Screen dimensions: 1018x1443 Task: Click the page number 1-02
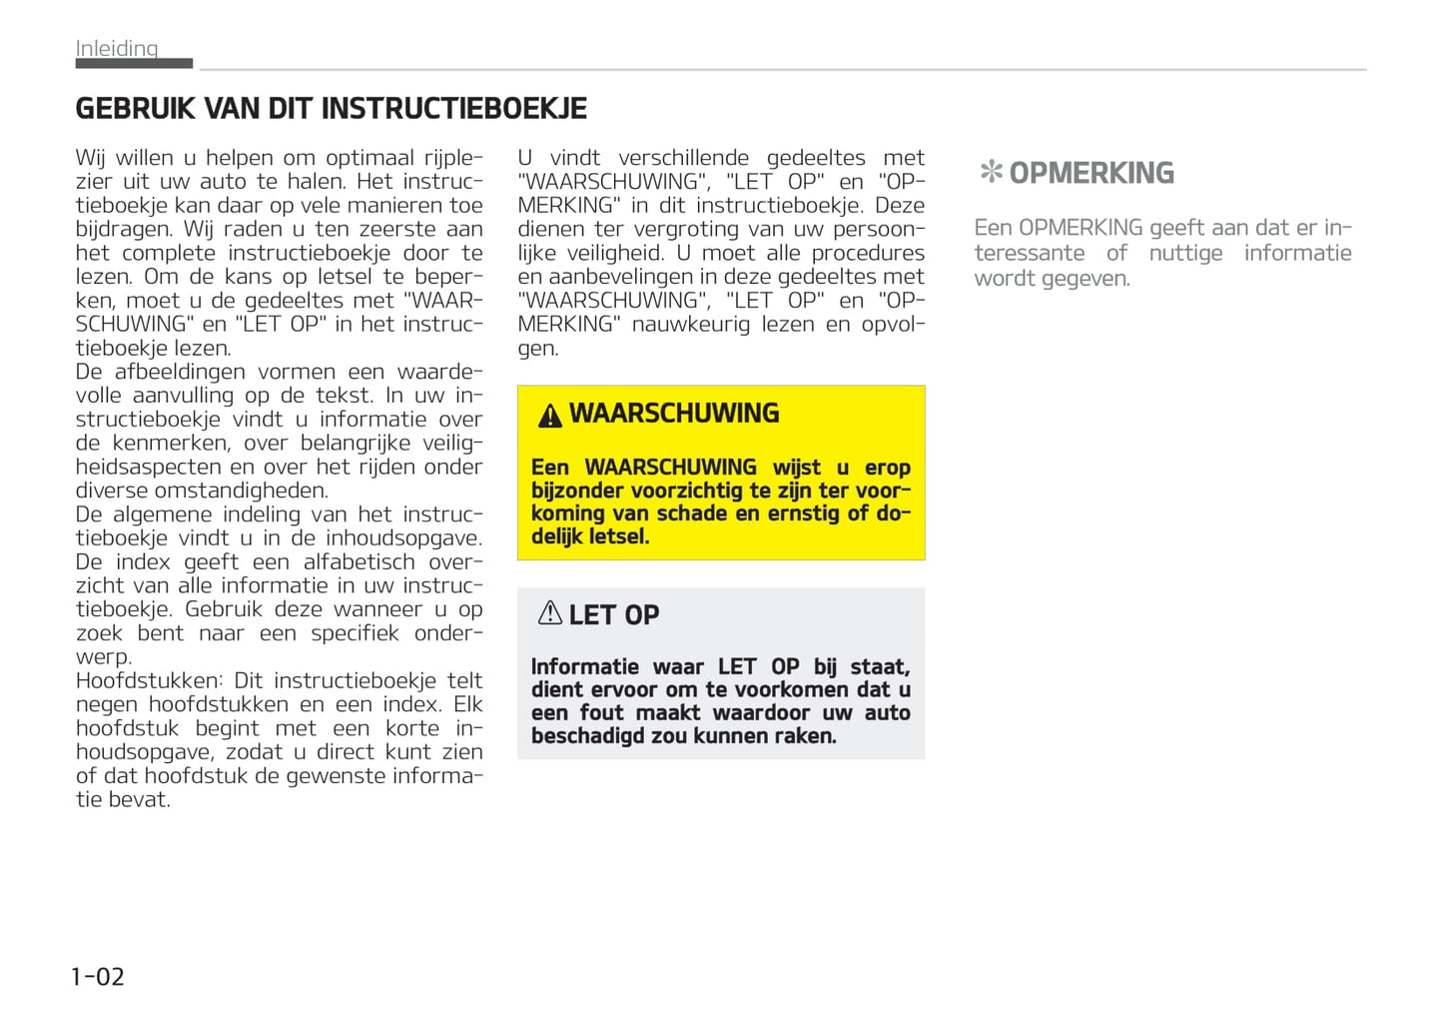(98, 976)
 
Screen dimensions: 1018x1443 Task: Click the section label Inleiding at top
(117, 48)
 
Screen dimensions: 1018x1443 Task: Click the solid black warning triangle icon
(549, 416)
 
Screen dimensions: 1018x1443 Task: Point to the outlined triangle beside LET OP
(549, 613)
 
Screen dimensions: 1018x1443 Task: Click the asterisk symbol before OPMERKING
(991, 172)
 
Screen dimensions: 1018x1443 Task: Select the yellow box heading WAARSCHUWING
(674, 414)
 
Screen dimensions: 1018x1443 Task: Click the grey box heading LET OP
(614, 615)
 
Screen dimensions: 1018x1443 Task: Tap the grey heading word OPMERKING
(1091, 173)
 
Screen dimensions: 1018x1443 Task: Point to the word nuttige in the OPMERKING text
(1185, 253)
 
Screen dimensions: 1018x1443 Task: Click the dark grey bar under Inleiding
(134, 63)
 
